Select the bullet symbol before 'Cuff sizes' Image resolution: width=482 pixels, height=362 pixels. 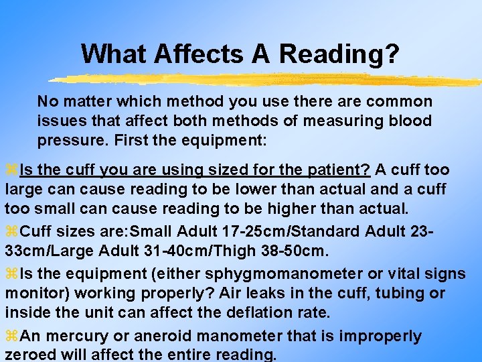click(x=11, y=232)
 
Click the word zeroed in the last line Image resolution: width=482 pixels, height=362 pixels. click(x=30, y=355)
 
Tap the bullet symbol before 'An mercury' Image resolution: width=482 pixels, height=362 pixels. click(x=11, y=336)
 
